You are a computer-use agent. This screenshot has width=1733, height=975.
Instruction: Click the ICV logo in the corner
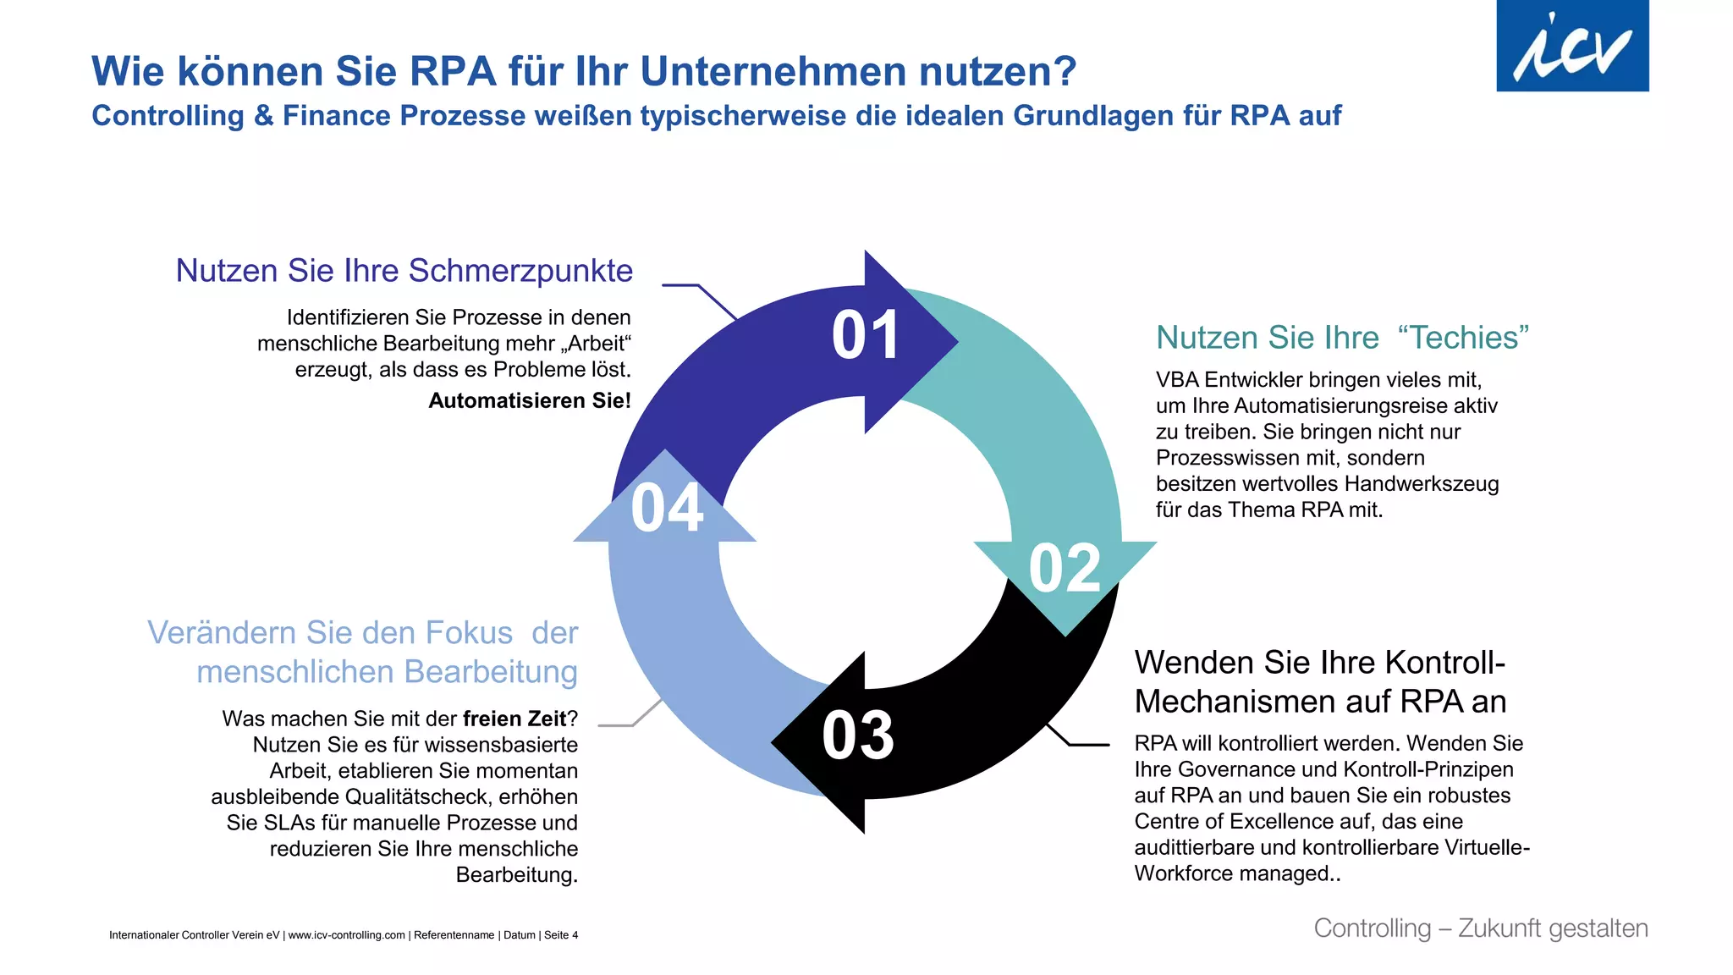1571,47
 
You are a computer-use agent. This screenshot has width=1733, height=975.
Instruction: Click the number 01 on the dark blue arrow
865,335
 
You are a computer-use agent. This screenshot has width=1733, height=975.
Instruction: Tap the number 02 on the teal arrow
1065,569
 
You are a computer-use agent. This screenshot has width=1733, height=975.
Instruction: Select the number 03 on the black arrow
857,735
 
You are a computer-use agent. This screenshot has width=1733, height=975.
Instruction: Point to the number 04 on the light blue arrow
667,509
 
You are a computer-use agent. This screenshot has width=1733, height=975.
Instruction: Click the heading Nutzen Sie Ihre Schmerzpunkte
404,271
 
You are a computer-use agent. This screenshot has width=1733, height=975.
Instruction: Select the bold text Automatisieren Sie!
529,400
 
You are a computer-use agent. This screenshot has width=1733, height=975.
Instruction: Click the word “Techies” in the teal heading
1463,338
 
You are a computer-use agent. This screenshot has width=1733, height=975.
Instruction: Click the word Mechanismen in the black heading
1235,702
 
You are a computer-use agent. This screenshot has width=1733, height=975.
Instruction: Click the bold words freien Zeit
514,719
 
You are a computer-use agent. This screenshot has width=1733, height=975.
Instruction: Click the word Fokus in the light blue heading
469,633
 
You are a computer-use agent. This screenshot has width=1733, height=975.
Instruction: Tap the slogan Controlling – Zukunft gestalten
1480,928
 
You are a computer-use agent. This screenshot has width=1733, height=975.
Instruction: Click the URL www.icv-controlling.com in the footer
346,935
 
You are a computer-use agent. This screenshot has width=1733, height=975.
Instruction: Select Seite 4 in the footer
560,935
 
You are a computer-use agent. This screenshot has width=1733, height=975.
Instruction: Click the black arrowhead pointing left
812,743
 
